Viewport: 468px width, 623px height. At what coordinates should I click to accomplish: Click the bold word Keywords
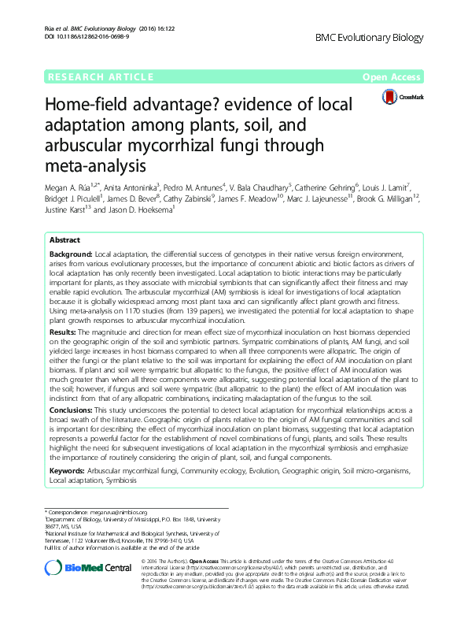(67, 469)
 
